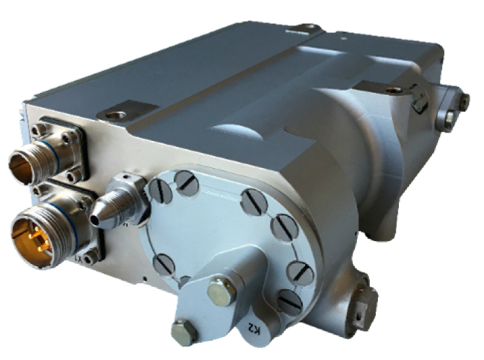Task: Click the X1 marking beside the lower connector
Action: (x=78, y=260)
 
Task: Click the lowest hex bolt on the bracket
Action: (x=184, y=332)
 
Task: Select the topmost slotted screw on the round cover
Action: (x=188, y=183)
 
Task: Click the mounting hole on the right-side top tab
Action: (x=393, y=90)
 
